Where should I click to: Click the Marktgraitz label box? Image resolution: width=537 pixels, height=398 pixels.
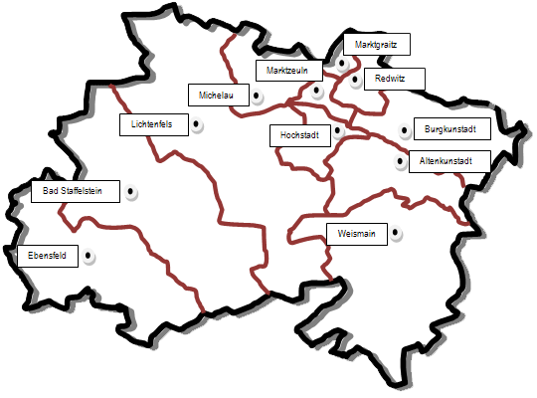376,44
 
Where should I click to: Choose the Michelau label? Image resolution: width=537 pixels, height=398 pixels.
217,95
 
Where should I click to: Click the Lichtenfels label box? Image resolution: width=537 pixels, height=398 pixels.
151,124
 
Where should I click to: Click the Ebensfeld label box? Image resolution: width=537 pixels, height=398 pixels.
48,256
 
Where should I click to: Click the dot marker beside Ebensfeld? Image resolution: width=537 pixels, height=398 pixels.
89,256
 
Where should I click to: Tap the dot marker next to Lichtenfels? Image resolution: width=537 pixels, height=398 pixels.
197,125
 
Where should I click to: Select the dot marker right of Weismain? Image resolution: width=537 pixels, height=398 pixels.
396,235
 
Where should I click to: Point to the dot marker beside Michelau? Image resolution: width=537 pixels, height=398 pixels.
257,97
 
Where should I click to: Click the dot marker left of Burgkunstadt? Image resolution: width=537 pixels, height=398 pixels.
405,130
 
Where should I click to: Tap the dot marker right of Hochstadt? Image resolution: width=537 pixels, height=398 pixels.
338,130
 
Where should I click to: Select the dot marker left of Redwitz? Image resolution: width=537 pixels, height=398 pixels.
355,81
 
